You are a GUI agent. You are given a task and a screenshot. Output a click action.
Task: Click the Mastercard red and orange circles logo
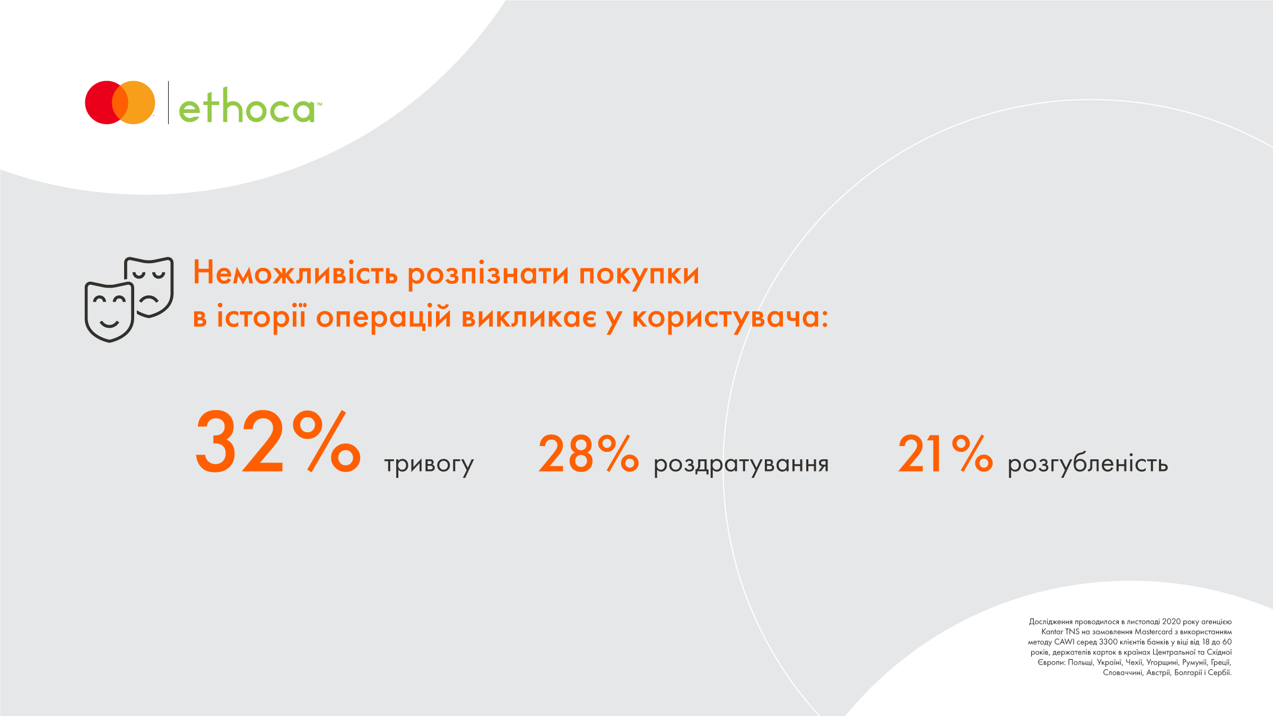click(x=120, y=102)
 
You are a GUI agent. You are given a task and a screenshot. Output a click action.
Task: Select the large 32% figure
click(x=278, y=442)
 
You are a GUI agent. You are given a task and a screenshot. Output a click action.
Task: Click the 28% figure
click(x=588, y=453)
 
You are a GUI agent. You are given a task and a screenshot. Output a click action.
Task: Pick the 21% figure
click(x=945, y=453)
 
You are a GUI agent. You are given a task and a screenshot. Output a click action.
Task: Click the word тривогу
click(x=429, y=465)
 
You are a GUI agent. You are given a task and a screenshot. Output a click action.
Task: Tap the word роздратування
click(x=741, y=465)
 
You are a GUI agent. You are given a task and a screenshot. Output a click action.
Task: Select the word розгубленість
click(x=1088, y=463)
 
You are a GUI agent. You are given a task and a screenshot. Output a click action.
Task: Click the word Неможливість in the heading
click(x=295, y=274)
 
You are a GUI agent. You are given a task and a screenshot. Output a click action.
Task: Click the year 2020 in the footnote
click(x=1171, y=622)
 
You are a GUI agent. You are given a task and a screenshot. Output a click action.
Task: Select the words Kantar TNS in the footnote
click(x=1060, y=632)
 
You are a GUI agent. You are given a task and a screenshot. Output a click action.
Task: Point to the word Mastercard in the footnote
click(x=1154, y=632)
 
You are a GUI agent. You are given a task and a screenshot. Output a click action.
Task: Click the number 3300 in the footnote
click(x=1108, y=642)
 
